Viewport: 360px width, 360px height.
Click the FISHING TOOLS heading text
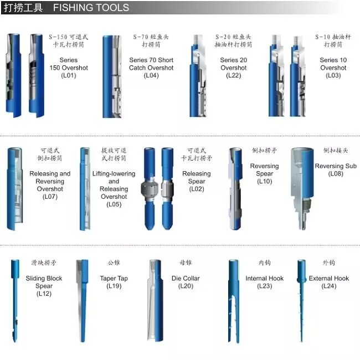[91, 8]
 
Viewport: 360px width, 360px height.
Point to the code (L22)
[233, 76]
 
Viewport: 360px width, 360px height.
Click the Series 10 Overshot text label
[333, 64]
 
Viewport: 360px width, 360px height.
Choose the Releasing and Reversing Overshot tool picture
[14, 188]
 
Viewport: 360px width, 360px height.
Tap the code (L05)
[114, 204]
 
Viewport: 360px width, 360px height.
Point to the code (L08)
[336, 174]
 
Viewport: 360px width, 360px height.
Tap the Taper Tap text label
[114, 279]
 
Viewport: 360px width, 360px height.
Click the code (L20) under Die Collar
[186, 286]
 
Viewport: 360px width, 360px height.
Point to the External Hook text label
[329, 279]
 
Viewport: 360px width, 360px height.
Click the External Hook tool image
[301, 299]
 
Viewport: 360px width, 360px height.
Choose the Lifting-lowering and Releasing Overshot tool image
[84, 188]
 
